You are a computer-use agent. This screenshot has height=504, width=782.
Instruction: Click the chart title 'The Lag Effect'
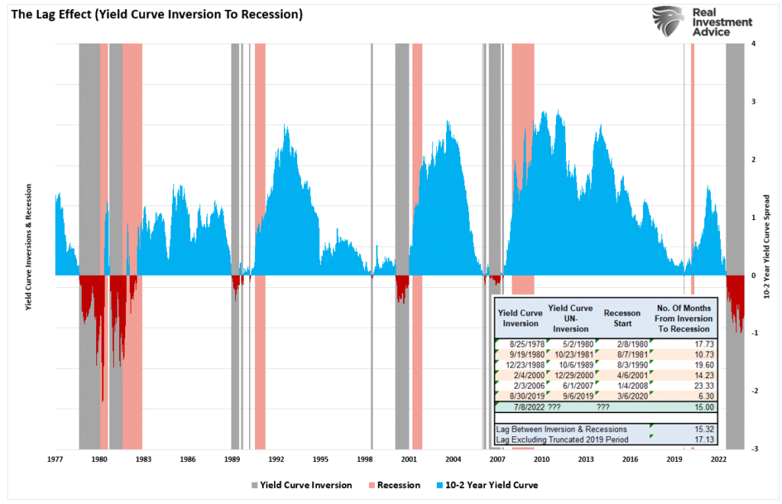coord(153,15)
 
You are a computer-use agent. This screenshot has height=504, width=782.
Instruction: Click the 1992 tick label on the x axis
coord(276,460)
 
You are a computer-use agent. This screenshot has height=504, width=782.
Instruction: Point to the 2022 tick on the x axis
coord(719,460)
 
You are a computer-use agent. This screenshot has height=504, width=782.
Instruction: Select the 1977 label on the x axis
coord(55,460)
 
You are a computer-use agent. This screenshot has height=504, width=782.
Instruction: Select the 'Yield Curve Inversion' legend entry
coord(301,485)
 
